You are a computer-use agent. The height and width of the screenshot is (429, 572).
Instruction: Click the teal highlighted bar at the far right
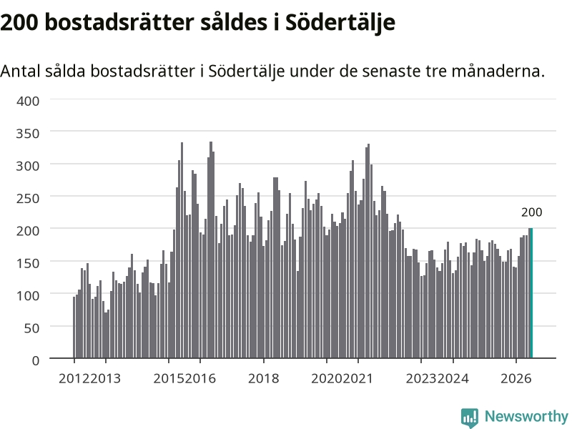531,293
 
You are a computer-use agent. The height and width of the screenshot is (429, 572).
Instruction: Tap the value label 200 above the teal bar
531,212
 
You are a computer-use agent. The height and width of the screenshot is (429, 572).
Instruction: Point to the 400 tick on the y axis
28,101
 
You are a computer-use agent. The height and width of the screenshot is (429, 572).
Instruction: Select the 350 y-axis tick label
28,134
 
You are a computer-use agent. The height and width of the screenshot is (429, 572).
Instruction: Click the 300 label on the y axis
28,166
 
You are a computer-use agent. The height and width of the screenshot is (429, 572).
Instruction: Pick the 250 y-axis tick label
28,199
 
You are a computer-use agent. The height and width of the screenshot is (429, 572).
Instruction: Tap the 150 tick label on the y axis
28,263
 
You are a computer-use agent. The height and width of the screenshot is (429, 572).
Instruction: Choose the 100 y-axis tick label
28,296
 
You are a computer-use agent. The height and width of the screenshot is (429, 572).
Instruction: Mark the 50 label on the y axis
31,328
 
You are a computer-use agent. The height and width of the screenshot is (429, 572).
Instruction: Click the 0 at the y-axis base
35,361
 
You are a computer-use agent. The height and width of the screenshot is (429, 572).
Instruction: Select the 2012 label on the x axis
74,378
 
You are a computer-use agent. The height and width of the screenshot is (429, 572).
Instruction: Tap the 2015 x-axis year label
169,378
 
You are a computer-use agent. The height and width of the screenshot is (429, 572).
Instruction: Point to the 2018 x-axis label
263,378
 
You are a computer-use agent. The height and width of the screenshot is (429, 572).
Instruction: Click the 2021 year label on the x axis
358,378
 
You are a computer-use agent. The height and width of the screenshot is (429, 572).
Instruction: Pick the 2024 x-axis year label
453,378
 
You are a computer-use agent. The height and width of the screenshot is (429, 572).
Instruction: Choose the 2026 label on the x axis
516,378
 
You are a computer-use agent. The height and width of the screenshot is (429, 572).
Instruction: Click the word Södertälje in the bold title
340,23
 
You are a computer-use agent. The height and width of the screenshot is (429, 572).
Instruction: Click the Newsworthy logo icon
470,418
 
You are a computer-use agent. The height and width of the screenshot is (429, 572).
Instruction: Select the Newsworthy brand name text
526,416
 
